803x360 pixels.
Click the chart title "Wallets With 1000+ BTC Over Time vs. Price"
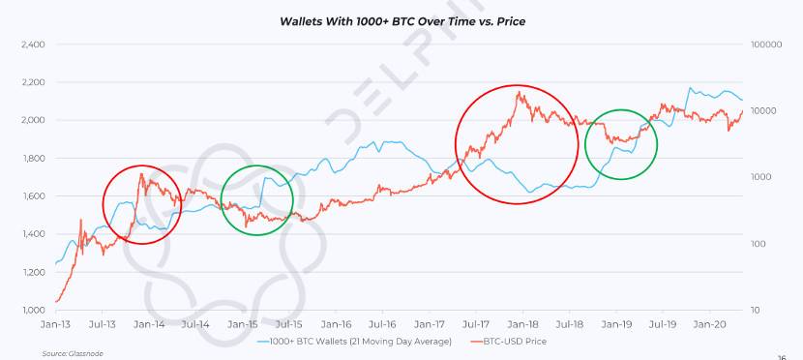click(402, 21)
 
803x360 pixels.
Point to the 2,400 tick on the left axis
click(33, 45)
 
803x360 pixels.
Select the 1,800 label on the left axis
click(33, 159)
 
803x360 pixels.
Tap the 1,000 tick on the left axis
click(33, 311)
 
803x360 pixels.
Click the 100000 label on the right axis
click(766, 45)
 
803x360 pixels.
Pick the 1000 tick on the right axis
click(761, 177)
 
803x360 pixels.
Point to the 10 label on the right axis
click(757, 311)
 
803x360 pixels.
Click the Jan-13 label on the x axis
click(55, 324)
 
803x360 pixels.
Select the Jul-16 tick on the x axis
click(382, 324)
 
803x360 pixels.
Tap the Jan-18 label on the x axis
click(523, 324)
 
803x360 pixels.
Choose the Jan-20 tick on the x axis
click(710, 324)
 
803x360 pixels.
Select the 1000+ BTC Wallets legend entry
click(353, 341)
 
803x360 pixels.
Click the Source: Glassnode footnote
click(73, 354)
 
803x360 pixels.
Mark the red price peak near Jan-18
click(520, 93)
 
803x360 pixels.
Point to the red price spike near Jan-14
click(140, 174)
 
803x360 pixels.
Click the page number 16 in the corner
click(781, 357)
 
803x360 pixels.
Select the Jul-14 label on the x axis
click(195, 324)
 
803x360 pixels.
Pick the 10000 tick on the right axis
click(764, 111)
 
